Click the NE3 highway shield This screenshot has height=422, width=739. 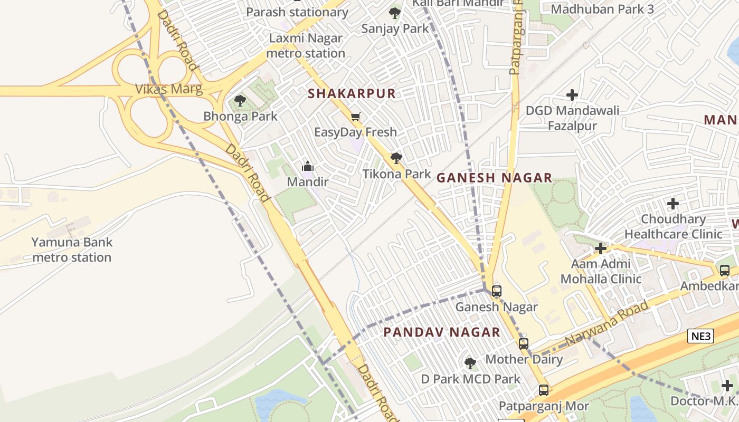pos(700,336)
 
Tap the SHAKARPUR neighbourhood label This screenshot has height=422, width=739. pos(352,94)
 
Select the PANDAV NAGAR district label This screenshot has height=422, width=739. pos(441,332)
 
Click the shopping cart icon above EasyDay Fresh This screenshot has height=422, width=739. pos(356,117)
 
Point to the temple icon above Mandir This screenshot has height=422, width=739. pos(308,167)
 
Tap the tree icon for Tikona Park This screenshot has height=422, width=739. pos(396,158)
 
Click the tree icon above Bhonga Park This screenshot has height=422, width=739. pos(240,100)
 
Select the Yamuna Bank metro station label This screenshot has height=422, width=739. pos(71,250)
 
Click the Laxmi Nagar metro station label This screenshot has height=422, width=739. pos(306,46)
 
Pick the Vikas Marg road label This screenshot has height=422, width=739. pos(169,89)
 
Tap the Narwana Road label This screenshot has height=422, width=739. pos(607,323)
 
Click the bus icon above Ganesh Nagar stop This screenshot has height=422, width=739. pos(496,291)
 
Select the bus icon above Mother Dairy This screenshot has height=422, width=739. pos(523,344)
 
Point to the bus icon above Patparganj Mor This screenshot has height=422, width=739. pos(543,390)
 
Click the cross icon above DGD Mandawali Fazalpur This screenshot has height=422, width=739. pos(572,95)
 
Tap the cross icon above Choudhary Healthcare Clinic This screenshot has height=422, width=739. pos(672,203)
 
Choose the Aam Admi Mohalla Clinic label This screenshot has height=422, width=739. pos(601,271)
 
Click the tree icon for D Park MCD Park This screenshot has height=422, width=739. pos(470,363)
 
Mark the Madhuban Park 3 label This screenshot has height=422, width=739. pos(602,9)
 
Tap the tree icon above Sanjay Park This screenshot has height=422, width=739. pos(394,13)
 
